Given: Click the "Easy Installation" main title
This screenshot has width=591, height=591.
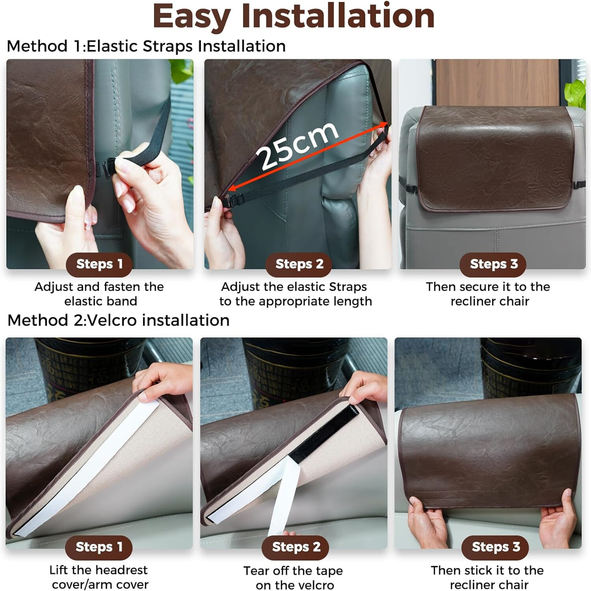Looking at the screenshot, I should tap(294, 17).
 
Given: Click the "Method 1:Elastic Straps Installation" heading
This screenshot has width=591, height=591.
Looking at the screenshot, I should tap(146, 46).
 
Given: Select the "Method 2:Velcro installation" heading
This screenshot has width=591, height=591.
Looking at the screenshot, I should tap(118, 320).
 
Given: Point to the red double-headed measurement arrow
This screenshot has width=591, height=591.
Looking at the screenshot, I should tap(307, 158).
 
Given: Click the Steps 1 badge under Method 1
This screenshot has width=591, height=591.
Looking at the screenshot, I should tap(99, 264).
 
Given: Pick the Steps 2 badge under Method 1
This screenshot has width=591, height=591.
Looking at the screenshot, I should tap(299, 264).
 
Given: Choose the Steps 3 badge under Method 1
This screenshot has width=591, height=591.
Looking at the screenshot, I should tap(493, 264).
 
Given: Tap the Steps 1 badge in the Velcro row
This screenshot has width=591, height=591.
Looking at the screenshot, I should tap(98, 547).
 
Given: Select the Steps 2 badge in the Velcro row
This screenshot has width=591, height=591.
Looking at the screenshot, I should tap(295, 547).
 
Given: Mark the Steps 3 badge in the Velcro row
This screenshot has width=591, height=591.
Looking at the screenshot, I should tap(495, 547).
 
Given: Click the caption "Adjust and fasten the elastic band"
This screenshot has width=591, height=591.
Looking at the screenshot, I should tap(99, 294).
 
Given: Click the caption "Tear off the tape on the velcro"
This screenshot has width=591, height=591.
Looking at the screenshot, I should tap(294, 578).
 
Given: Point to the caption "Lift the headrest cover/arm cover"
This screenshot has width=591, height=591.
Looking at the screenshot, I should tap(99, 577).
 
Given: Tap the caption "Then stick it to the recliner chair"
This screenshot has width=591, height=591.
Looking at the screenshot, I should tap(488, 577).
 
